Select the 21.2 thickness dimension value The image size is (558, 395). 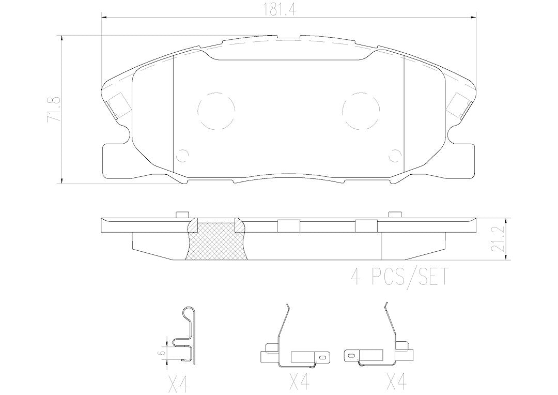pos(502,239)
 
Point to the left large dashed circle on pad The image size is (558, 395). pos(216,110)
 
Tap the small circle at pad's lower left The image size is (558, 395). pos(183,155)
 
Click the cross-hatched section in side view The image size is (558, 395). pos(216,241)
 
